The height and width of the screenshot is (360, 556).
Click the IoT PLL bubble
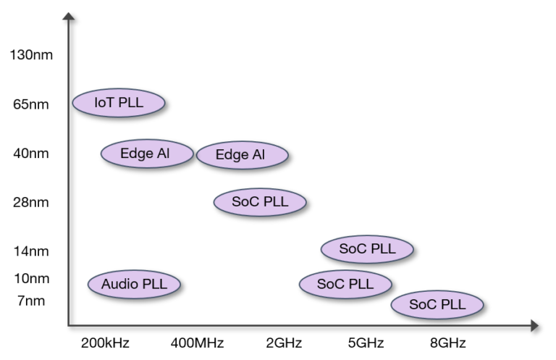pyautogui.click(x=119, y=103)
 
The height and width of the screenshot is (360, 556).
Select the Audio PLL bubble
pyautogui.click(x=134, y=284)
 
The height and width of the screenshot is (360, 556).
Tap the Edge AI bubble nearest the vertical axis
pyautogui.click(x=147, y=154)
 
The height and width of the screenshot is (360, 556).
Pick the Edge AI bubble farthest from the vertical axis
pyautogui.click(x=242, y=155)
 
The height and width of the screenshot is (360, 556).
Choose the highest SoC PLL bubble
pyautogui.click(x=260, y=202)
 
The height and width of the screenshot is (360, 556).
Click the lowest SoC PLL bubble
pyautogui.click(x=437, y=305)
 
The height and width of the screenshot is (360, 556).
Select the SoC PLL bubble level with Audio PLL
pyautogui.click(x=345, y=284)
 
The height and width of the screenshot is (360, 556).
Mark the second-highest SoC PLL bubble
pyautogui.click(x=367, y=249)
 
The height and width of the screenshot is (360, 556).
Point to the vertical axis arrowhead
pyautogui.click(x=69, y=17)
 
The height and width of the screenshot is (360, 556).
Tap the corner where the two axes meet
pyautogui.click(x=69, y=326)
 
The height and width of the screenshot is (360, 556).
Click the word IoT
pyautogui.click(x=104, y=103)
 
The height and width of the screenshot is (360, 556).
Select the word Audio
pyautogui.click(x=119, y=284)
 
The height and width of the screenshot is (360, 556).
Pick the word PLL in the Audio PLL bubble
pyautogui.click(x=153, y=284)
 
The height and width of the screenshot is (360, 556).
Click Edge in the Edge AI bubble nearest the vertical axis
pyautogui.click(x=137, y=154)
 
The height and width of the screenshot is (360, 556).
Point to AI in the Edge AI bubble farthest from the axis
pyautogui.click(x=258, y=155)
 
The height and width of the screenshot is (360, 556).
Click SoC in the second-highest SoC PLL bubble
pyautogui.click(x=353, y=249)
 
